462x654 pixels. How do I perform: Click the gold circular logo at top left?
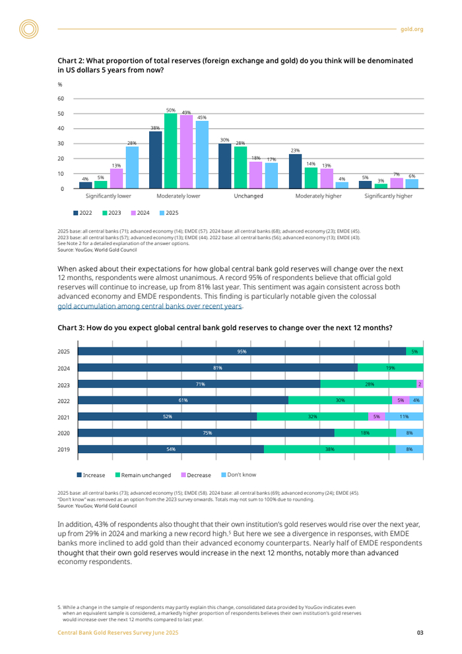29,28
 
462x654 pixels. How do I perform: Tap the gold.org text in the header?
412,29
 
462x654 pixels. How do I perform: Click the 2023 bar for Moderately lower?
171,151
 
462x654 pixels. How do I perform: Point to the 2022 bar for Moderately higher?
295,172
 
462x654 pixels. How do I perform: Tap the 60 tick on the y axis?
61,99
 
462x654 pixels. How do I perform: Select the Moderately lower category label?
178,196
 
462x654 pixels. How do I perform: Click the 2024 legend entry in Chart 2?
141,213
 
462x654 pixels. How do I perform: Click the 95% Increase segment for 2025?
242,351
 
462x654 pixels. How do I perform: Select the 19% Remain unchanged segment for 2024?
390,367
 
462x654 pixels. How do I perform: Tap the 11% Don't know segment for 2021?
405,416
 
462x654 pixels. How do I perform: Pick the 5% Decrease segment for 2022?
400,400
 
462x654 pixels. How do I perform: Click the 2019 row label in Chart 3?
63,449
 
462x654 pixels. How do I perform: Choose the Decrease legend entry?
196,475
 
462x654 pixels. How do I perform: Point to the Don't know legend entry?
238,475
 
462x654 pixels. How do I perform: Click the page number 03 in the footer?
420,633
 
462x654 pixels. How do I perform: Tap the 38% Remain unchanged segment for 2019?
329,449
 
